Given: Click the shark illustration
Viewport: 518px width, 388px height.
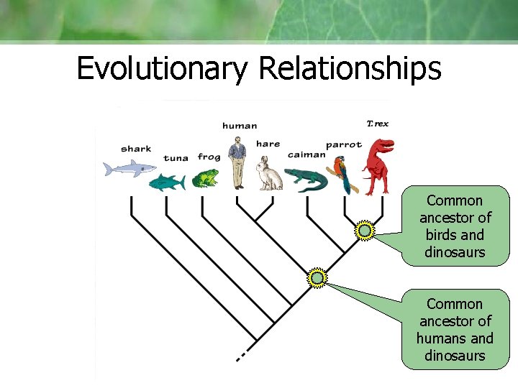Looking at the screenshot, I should pyautogui.click(x=129, y=169).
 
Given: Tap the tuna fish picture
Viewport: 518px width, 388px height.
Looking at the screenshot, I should pyautogui.click(x=167, y=182).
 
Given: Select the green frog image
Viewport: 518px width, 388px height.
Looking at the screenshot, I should pyautogui.click(x=207, y=178).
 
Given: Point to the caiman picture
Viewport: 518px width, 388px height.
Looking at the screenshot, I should pyautogui.click(x=306, y=179).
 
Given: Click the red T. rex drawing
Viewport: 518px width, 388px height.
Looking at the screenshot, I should pyautogui.click(x=377, y=167).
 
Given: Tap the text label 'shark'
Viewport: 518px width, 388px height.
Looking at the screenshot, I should pyautogui.click(x=136, y=149).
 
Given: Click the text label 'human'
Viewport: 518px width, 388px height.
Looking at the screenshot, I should pyautogui.click(x=240, y=126).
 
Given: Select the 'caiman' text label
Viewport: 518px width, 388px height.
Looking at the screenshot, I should pyautogui.click(x=306, y=154).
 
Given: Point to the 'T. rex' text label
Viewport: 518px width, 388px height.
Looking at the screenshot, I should pyautogui.click(x=378, y=124).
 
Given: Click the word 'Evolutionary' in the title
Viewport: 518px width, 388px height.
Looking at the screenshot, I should pyautogui.click(x=162, y=69).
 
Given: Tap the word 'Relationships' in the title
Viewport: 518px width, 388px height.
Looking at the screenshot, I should pyautogui.click(x=350, y=69).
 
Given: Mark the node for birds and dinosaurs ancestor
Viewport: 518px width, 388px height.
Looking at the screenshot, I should pyautogui.click(x=365, y=231).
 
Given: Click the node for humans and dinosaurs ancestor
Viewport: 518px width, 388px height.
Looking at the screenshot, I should pyautogui.click(x=317, y=277).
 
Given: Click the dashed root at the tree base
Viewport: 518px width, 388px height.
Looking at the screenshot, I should pyautogui.click(x=243, y=354).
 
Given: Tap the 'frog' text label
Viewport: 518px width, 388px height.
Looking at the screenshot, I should pyautogui.click(x=209, y=157).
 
